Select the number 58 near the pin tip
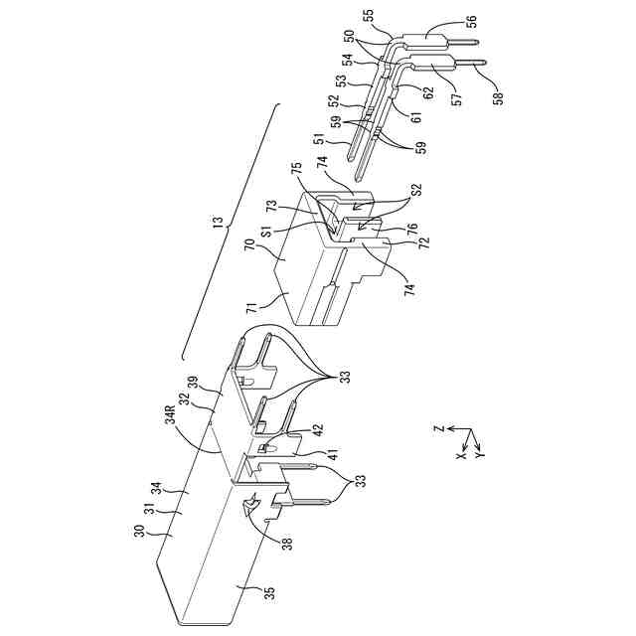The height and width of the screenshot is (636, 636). (x=498, y=96)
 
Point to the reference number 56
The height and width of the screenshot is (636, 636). (x=470, y=21)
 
